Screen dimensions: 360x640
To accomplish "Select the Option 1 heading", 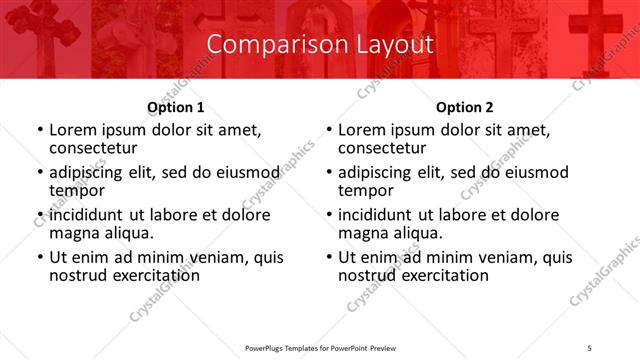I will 176,107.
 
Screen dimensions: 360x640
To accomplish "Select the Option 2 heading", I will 465,107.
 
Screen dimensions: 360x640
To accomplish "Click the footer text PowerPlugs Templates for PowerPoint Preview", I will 319,348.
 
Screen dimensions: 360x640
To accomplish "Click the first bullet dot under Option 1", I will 40,131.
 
